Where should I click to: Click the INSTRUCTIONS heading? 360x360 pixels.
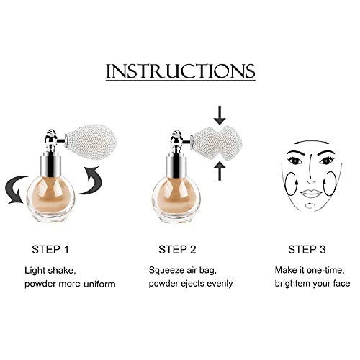click(x=180, y=71)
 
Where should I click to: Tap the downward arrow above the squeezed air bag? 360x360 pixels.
click(x=219, y=114)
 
